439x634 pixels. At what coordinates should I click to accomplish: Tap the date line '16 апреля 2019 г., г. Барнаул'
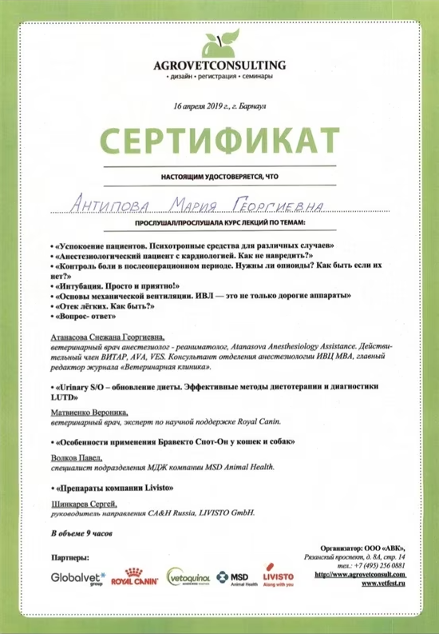pos(219,106)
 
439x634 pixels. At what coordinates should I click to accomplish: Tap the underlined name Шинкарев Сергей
pos(83,504)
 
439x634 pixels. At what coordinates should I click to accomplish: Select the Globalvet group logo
pos(74,577)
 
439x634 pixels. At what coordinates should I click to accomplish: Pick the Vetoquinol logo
pos(188,577)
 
